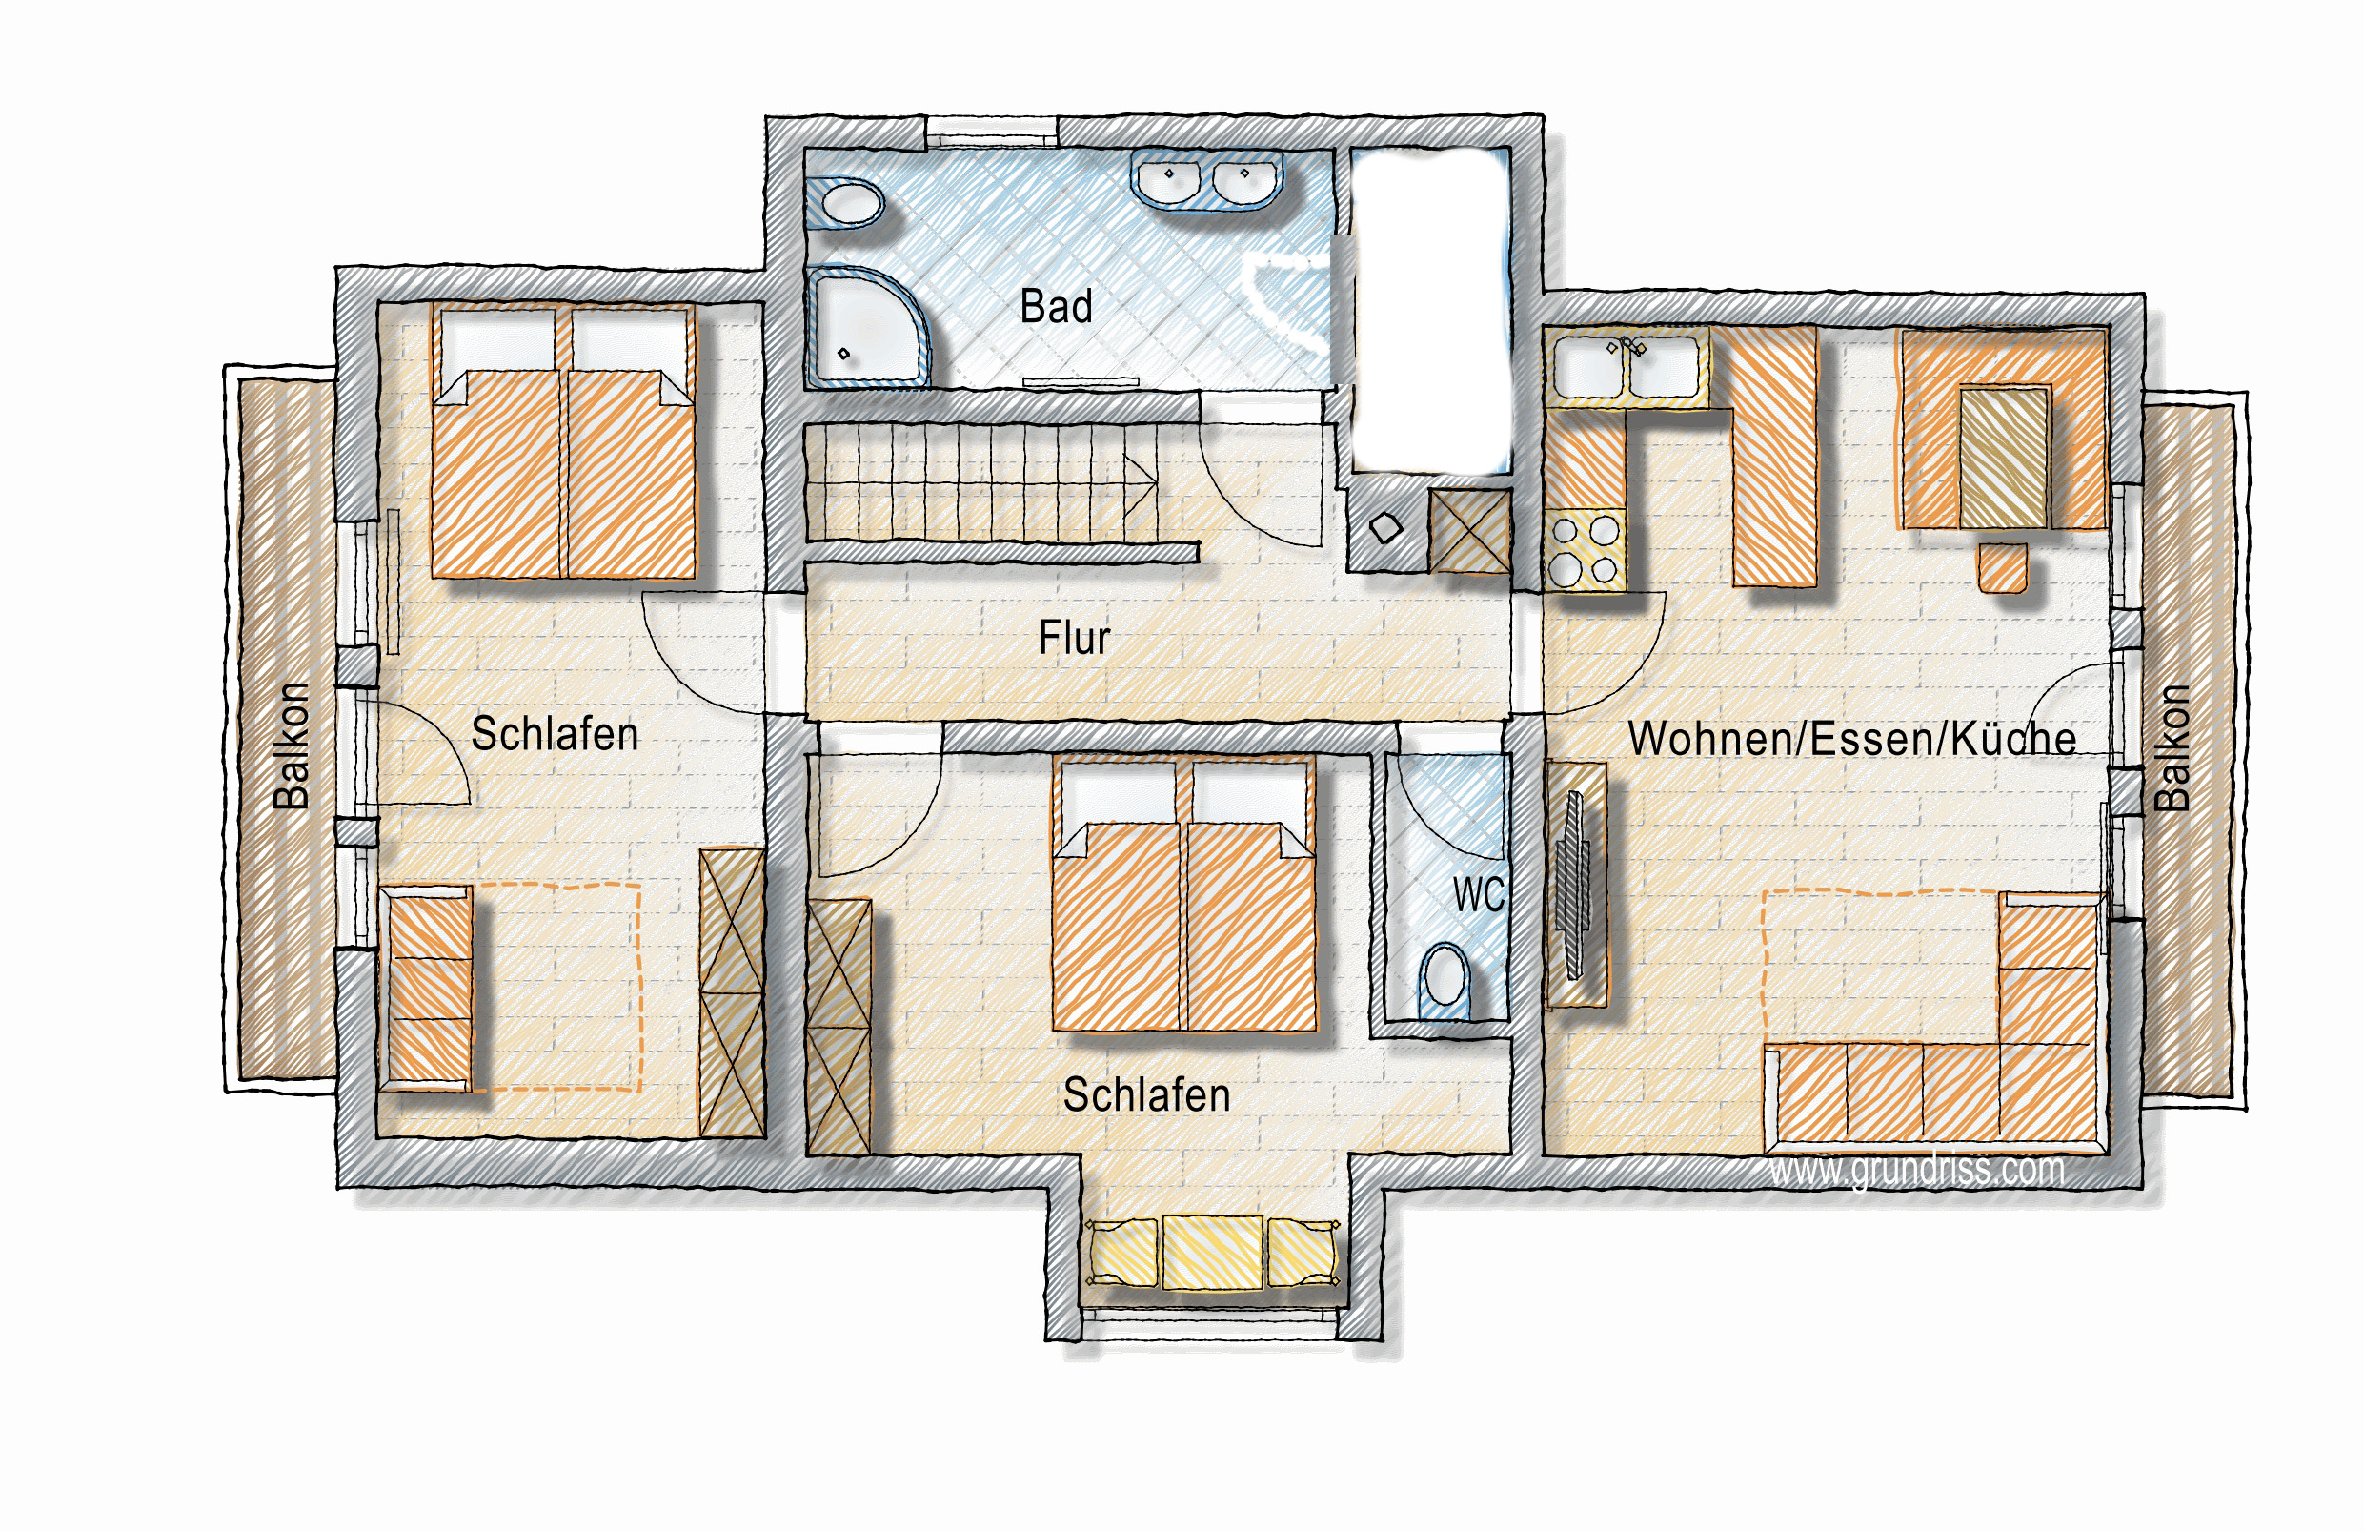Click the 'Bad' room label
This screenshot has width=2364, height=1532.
click(x=1056, y=306)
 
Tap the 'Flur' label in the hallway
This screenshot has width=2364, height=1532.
click(x=1074, y=638)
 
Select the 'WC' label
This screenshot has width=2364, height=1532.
click(x=1478, y=894)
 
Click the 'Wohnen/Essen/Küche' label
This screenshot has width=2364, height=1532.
click(x=1851, y=738)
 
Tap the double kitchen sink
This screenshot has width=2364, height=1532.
click(x=1626, y=368)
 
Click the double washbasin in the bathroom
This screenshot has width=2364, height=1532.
click(x=1206, y=180)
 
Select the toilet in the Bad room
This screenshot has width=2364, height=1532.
click(x=844, y=204)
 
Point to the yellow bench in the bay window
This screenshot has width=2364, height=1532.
click(x=1212, y=1253)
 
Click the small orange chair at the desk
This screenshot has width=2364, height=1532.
click(x=2002, y=567)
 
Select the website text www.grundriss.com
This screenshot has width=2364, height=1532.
click(x=1916, y=1170)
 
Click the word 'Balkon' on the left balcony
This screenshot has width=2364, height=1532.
click(x=291, y=746)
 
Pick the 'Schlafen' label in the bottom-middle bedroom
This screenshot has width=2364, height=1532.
click(x=1146, y=1094)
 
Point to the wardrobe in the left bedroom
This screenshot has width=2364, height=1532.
click(x=732, y=992)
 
